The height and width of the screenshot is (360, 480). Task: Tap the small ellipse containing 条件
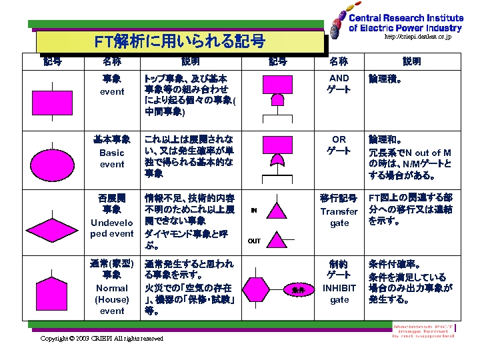(x=298, y=290)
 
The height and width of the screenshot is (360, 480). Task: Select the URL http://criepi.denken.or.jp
(x=417, y=37)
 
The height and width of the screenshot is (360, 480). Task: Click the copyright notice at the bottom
(x=101, y=339)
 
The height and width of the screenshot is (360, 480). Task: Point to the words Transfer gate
(x=339, y=217)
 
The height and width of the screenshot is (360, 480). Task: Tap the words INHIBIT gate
(x=339, y=294)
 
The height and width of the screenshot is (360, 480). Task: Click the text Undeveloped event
(x=112, y=228)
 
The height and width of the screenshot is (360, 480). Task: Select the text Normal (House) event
(x=112, y=299)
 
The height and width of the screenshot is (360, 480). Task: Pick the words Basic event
(x=112, y=159)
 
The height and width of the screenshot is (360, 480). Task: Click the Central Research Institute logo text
(x=405, y=23)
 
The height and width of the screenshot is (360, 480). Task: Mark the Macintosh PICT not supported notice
(x=423, y=331)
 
